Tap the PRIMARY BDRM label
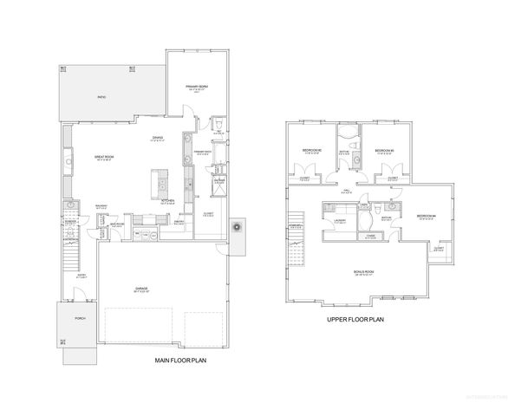click(x=198, y=88)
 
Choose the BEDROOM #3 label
click(x=385, y=150)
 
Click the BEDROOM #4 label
click(x=426, y=216)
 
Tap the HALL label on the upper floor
click(x=345, y=192)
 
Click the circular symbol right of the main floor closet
click(x=236, y=226)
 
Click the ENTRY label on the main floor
click(x=81, y=276)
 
